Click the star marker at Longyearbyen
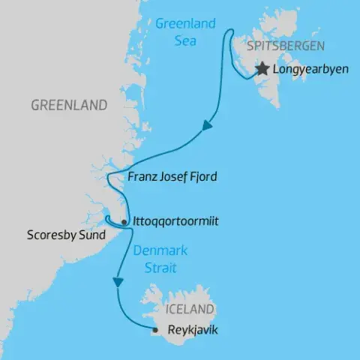coord(262,69)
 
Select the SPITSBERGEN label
coord(280,44)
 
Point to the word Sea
coord(185,40)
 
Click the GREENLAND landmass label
coord(69,105)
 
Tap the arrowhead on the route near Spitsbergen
coord(208,130)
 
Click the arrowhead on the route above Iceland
coord(117,283)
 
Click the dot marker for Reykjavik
coord(154,329)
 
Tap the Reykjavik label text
coord(187,329)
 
